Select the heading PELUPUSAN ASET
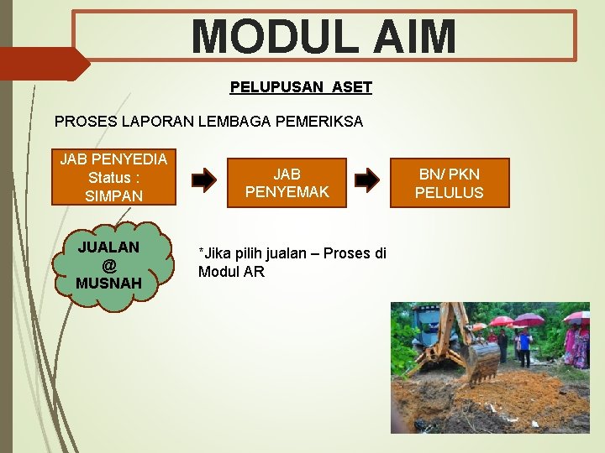tap(301, 87)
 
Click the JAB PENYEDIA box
tap(113, 177)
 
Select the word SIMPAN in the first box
tap(113, 195)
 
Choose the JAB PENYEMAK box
tap(287, 183)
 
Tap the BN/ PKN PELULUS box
tap(449, 183)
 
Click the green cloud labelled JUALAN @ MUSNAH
tap(108, 265)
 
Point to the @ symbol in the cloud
tap(108, 265)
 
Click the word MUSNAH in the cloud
tap(108, 283)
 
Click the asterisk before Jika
tap(201, 252)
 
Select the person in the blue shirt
tap(523, 344)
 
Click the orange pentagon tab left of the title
tap(42, 64)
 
